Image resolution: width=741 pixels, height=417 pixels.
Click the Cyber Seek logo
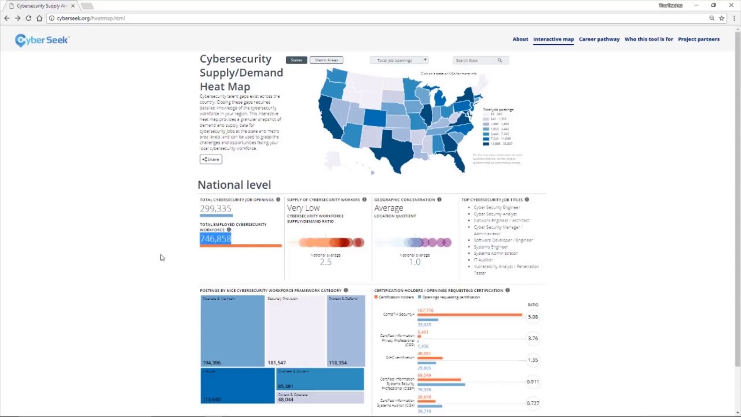click(x=42, y=40)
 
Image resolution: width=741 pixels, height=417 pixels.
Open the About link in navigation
click(x=520, y=39)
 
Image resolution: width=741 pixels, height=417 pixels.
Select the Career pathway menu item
click(x=599, y=39)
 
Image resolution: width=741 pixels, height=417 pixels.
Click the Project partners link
click(x=699, y=39)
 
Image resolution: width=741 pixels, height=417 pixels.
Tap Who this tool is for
click(x=648, y=39)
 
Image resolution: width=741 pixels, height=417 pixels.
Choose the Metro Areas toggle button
click(x=327, y=60)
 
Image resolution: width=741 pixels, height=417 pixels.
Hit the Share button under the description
click(x=211, y=159)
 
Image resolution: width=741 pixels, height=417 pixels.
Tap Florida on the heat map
click(x=457, y=156)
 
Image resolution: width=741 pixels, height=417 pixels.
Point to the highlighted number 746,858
click(x=215, y=239)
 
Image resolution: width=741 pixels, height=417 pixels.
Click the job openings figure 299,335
click(x=215, y=209)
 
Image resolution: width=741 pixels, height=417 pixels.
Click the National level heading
click(x=234, y=185)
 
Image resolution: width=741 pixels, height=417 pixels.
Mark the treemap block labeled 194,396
click(x=232, y=331)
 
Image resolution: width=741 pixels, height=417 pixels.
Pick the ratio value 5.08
click(x=533, y=317)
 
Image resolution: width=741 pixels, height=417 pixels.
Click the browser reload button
click(x=28, y=19)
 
